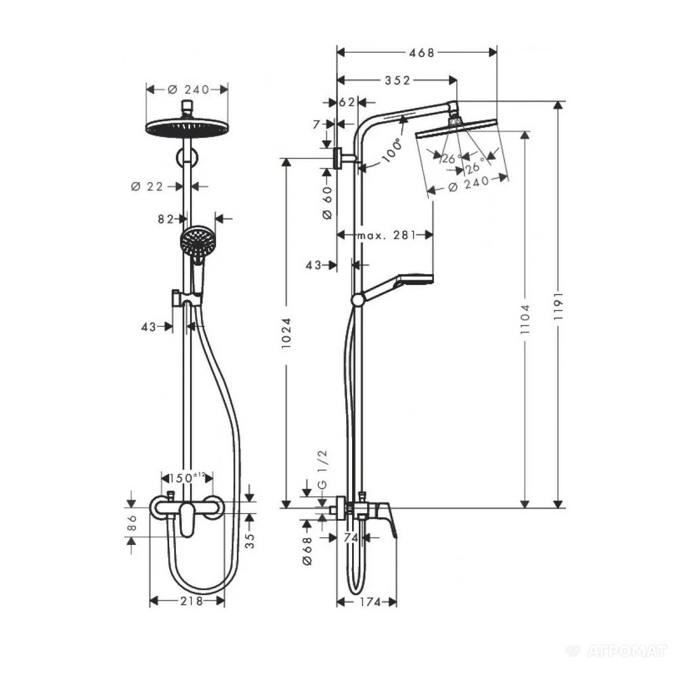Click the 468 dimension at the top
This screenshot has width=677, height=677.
coord(417,53)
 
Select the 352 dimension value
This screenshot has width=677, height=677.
coord(397,80)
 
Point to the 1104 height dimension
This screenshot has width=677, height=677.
coord(525,318)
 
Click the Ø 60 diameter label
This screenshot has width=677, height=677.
coord(326,202)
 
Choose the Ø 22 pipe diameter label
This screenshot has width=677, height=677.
coord(146,186)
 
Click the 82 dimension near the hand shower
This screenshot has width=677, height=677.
coord(167,218)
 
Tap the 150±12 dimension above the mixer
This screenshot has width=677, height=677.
coord(187,477)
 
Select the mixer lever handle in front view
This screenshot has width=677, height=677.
coord(187,521)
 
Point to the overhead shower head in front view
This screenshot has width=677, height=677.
coord(187,127)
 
